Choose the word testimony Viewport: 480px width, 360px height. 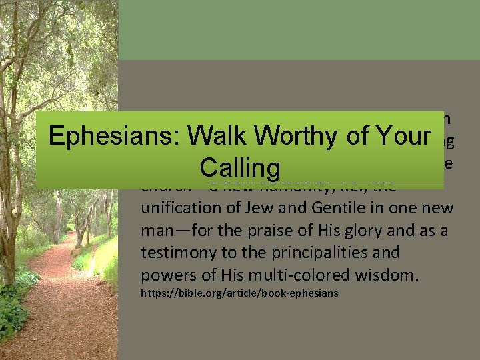(x=175, y=253)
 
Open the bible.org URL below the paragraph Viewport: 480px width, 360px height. (x=239, y=293)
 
